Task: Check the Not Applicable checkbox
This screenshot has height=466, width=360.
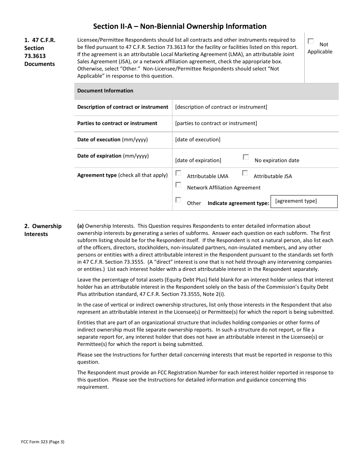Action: coord(311,41)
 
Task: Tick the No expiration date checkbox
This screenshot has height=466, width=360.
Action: coord(246,157)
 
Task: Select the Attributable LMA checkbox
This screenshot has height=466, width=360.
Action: coord(178,173)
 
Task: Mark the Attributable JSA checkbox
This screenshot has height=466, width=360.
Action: coord(245,173)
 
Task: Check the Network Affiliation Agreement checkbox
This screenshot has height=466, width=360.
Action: coord(178,185)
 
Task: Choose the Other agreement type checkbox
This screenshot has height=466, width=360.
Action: coord(178,200)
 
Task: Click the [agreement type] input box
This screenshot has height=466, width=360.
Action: coord(304,201)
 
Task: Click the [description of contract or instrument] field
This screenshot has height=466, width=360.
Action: coord(221,107)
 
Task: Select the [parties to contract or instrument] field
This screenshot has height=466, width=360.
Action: coord(216,124)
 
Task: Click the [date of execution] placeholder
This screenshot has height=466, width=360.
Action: coord(197,140)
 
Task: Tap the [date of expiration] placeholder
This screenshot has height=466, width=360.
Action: coord(198,160)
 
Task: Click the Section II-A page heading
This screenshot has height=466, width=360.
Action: coord(180,26)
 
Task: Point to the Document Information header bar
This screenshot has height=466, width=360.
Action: coord(206,91)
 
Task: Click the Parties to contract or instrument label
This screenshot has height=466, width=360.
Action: coord(117,124)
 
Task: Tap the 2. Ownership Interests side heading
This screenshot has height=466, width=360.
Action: coord(43,230)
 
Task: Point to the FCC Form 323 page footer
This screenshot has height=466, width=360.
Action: coord(42,441)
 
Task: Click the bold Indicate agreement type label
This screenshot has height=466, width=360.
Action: coord(238,203)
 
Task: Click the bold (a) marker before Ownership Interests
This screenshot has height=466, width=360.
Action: coord(80,226)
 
